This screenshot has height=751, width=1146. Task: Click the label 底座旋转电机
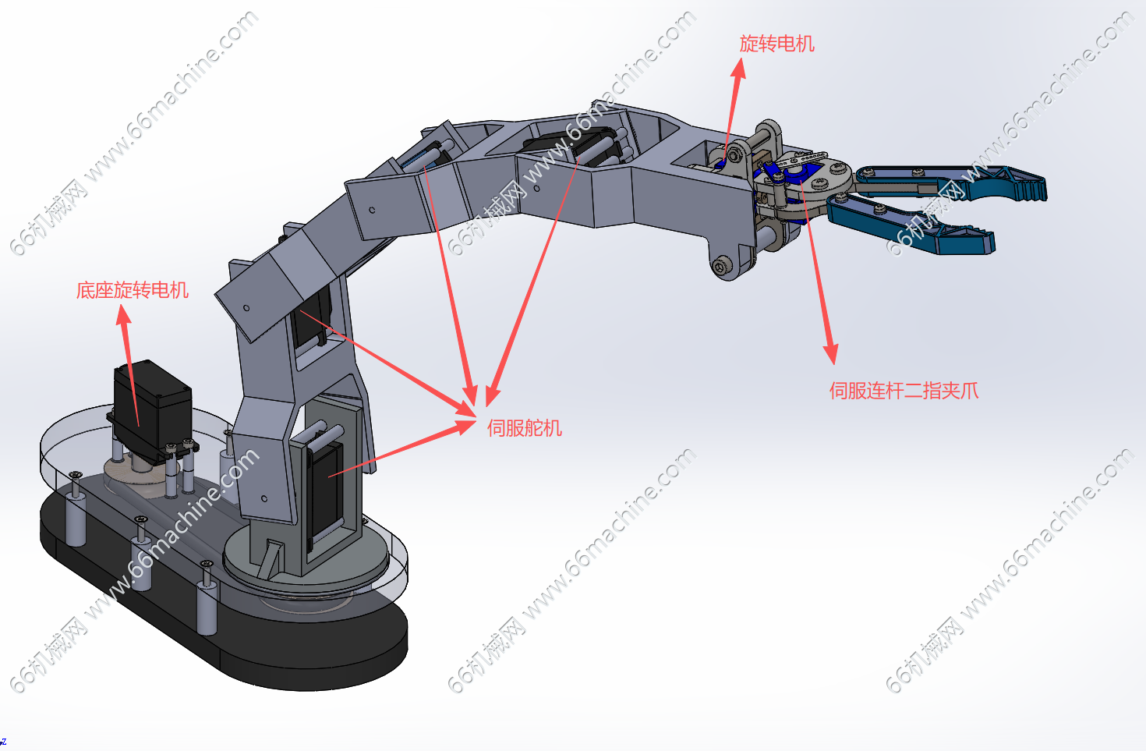pyautogui.click(x=133, y=290)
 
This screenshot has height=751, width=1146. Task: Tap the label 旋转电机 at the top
pyautogui.click(x=776, y=44)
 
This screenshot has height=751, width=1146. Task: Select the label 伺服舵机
pyautogui.click(x=525, y=428)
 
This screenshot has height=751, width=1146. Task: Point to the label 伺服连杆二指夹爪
pyautogui.click(x=904, y=391)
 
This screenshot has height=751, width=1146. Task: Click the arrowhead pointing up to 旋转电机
pyautogui.click(x=738, y=69)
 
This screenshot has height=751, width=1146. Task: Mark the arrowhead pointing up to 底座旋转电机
pyautogui.click(x=123, y=315)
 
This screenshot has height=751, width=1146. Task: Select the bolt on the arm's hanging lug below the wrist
pyautogui.click(x=720, y=266)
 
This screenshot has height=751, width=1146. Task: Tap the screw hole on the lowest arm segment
pyautogui.click(x=264, y=498)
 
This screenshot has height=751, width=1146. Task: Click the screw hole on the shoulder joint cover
pyautogui.click(x=246, y=308)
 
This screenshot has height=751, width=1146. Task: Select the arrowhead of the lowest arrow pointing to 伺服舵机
pyautogui.click(x=465, y=425)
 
